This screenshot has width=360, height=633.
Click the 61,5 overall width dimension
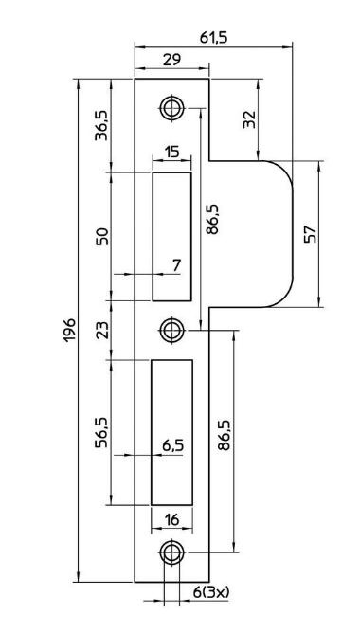213,37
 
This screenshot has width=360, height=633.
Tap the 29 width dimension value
171,59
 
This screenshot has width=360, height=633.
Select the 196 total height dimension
69,330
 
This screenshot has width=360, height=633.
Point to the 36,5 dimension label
101,125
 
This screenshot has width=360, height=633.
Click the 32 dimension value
249,119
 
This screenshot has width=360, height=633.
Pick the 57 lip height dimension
311,233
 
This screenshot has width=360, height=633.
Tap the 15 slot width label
171,153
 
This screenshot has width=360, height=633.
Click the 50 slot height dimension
101,237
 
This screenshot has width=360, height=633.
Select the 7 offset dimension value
176,265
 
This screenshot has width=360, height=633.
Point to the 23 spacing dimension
101,330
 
